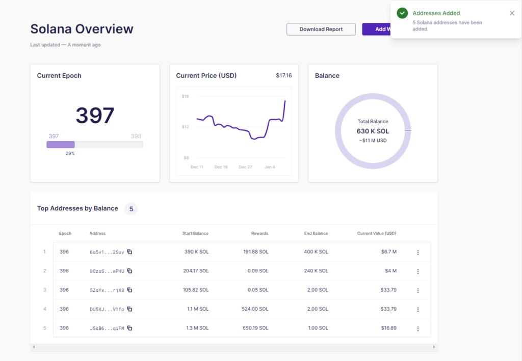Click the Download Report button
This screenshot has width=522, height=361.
coord(321,29)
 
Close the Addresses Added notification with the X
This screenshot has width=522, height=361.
coord(512,13)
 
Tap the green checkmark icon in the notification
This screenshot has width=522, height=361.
coord(402,13)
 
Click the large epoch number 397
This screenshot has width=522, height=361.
coord(95,116)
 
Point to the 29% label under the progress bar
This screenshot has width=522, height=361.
coord(69,153)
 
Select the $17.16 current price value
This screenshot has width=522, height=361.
coord(284,75)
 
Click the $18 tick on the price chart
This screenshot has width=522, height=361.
coord(186,96)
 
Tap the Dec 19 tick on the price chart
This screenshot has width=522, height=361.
coord(221,167)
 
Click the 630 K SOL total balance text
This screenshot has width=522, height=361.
coord(373,131)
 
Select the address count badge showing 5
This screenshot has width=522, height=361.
coord(131,209)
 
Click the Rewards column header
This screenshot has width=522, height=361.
coord(259,233)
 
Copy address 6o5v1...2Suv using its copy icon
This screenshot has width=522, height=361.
coord(129,252)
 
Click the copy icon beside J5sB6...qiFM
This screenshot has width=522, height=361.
coord(129,328)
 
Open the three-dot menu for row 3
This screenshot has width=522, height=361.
coord(417,290)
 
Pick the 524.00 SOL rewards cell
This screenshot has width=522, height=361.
coord(255,309)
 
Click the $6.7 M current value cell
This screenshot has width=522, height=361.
coord(388,252)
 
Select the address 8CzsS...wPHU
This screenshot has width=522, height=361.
coord(107,271)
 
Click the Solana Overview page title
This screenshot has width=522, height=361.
coord(82,29)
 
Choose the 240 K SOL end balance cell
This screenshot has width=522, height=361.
coord(316,271)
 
